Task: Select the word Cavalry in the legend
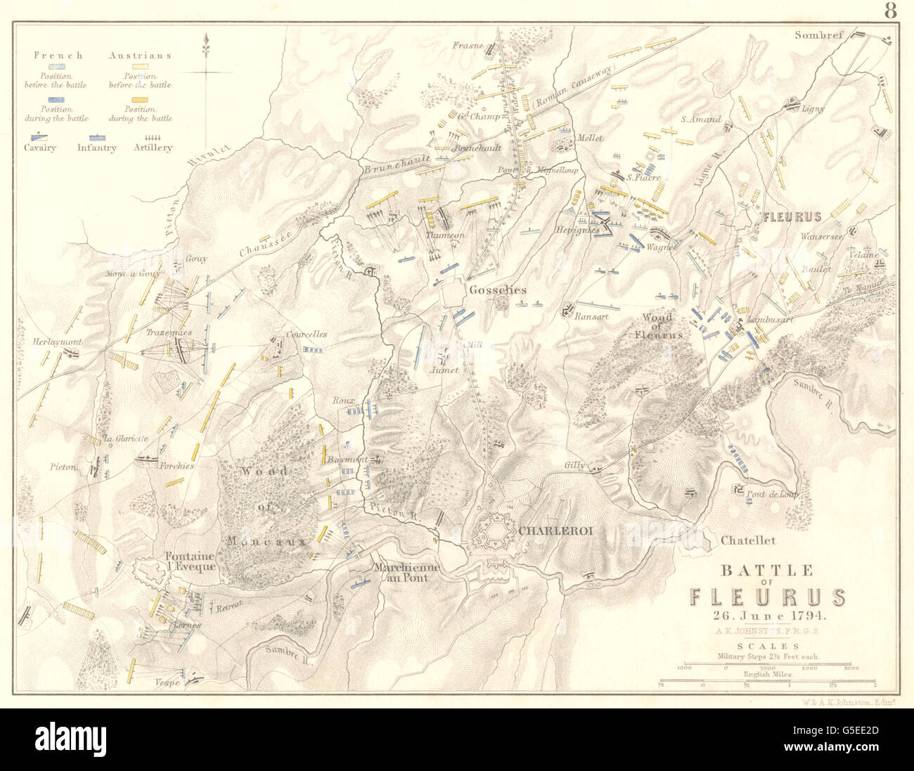click(x=40, y=148)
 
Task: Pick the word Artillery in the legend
click(x=153, y=148)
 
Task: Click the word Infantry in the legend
click(x=96, y=148)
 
